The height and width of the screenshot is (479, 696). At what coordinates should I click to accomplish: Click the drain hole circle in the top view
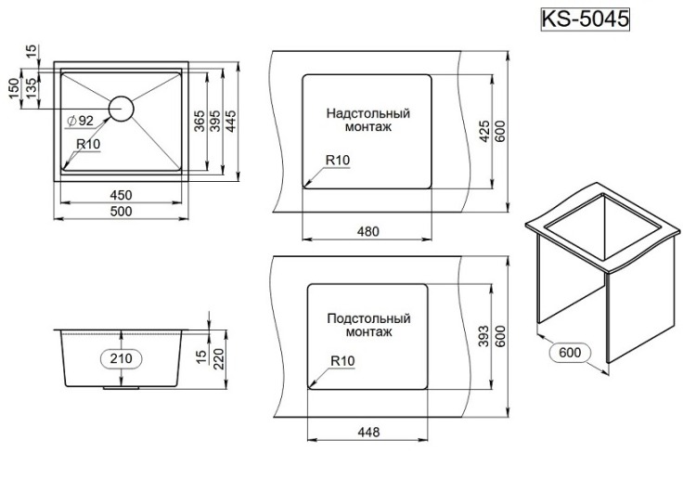(122, 108)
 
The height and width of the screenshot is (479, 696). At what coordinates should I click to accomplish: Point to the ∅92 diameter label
(81, 121)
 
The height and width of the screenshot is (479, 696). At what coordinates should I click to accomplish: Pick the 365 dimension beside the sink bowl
(199, 121)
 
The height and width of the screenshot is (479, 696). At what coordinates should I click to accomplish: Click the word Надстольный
(367, 113)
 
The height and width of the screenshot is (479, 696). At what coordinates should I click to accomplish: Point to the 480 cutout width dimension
(367, 230)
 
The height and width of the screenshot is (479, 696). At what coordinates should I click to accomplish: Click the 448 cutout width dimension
(367, 433)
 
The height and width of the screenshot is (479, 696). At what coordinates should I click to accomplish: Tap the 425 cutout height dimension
(483, 133)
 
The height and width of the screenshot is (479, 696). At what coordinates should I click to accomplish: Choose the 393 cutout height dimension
(483, 338)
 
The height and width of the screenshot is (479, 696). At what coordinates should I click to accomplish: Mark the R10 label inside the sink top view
(89, 144)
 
